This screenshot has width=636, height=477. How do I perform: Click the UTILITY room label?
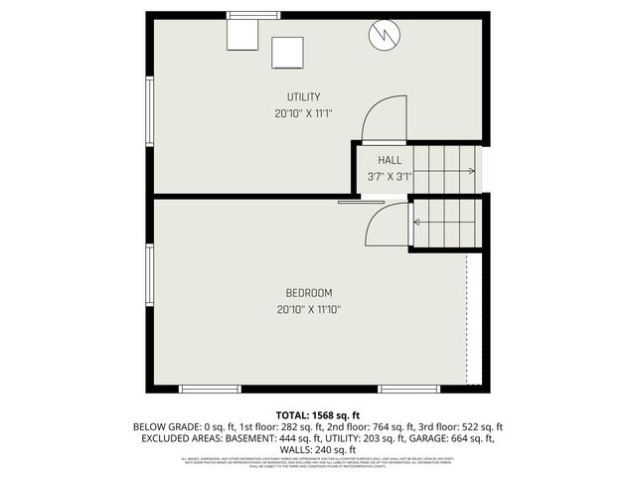point(303,96)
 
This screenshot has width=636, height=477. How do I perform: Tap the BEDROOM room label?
point(308,293)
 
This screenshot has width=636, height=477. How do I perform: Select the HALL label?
point(389,160)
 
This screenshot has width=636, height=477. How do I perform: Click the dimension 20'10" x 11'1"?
point(303,113)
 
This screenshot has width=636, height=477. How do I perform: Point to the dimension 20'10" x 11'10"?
point(308,310)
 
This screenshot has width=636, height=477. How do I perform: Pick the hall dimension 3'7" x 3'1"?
point(389,177)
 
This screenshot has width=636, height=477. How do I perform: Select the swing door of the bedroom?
point(388,226)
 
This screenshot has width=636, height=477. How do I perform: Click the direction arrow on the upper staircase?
point(467,171)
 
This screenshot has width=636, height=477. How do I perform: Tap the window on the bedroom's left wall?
point(150,277)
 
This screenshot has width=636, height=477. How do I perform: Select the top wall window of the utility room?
point(251,14)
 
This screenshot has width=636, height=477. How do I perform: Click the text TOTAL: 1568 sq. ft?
point(317,414)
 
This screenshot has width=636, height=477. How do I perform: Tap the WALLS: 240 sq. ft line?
point(318,448)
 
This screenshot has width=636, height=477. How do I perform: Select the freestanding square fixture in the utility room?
point(287,52)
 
